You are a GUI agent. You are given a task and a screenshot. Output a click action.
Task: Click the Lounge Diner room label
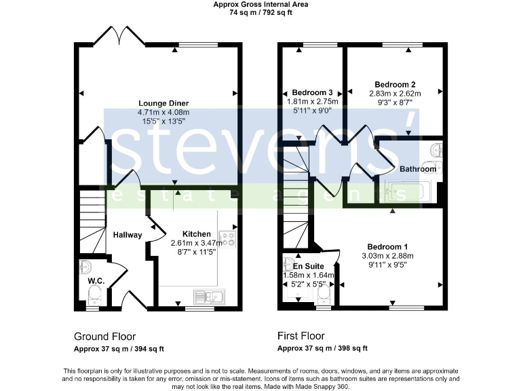click(x=159, y=103)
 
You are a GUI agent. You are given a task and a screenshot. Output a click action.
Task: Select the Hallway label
click(x=128, y=236)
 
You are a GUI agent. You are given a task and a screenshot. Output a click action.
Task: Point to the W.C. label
click(x=95, y=280)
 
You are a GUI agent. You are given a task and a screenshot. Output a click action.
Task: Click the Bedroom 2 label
click(x=395, y=84)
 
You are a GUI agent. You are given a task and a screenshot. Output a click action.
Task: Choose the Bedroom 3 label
click(x=312, y=92)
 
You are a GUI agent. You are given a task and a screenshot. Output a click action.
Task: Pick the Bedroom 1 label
click(x=387, y=246)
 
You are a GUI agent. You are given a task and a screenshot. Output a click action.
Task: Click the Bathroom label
click(x=417, y=168)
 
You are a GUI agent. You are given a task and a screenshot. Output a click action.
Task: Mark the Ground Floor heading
click(x=104, y=336)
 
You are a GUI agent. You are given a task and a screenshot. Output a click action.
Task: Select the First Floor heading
click(x=301, y=336)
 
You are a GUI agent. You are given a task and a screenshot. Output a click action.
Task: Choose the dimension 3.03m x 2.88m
click(x=387, y=256)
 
